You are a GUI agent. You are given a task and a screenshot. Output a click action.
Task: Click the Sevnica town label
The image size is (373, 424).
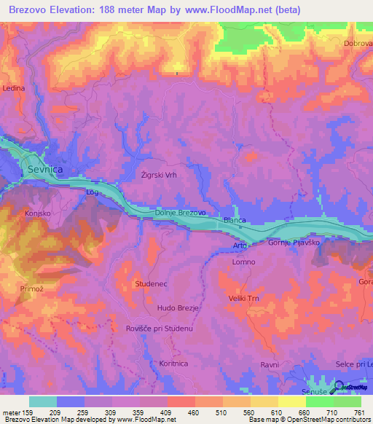(x=45, y=169)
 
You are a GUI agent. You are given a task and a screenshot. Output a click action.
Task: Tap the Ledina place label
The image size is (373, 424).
(x=13, y=88)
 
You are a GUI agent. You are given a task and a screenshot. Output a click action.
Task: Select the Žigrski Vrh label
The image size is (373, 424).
(x=159, y=175)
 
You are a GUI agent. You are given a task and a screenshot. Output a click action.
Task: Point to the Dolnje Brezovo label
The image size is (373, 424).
(x=180, y=212)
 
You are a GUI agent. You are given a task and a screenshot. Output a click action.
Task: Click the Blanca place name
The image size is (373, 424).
(x=235, y=220)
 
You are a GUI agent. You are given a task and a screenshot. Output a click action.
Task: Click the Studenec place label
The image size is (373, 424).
(x=152, y=282)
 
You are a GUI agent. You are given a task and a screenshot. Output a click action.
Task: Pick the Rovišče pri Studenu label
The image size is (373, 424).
(x=159, y=329)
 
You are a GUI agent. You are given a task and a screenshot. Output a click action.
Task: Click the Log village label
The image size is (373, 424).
(x=92, y=193)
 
